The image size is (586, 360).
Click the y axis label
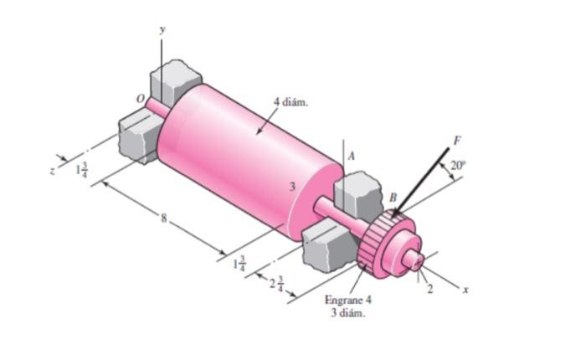click(x=162, y=29)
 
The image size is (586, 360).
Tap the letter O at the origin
click(x=141, y=98)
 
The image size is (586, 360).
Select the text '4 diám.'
click(x=290, y=101)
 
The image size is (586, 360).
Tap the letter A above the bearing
click(x=352, y=156)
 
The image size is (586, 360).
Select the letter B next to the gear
click(x=392, y=198)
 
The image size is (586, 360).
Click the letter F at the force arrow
click(x=456, y=139)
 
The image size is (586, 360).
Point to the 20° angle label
click(x=457, y=166)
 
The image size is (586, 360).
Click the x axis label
click(x=466, y=289)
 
